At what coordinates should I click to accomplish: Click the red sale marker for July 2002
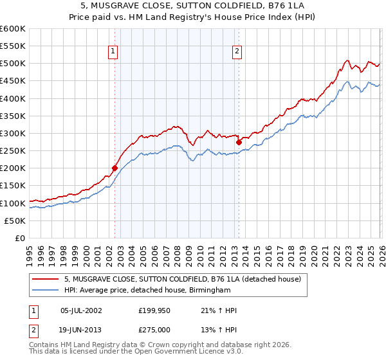[115, 168]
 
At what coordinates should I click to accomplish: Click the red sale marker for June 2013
[239, 142]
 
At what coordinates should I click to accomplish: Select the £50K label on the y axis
[15, 221]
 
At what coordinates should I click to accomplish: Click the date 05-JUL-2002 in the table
[80, 310]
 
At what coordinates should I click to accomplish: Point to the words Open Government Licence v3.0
[194, 352]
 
